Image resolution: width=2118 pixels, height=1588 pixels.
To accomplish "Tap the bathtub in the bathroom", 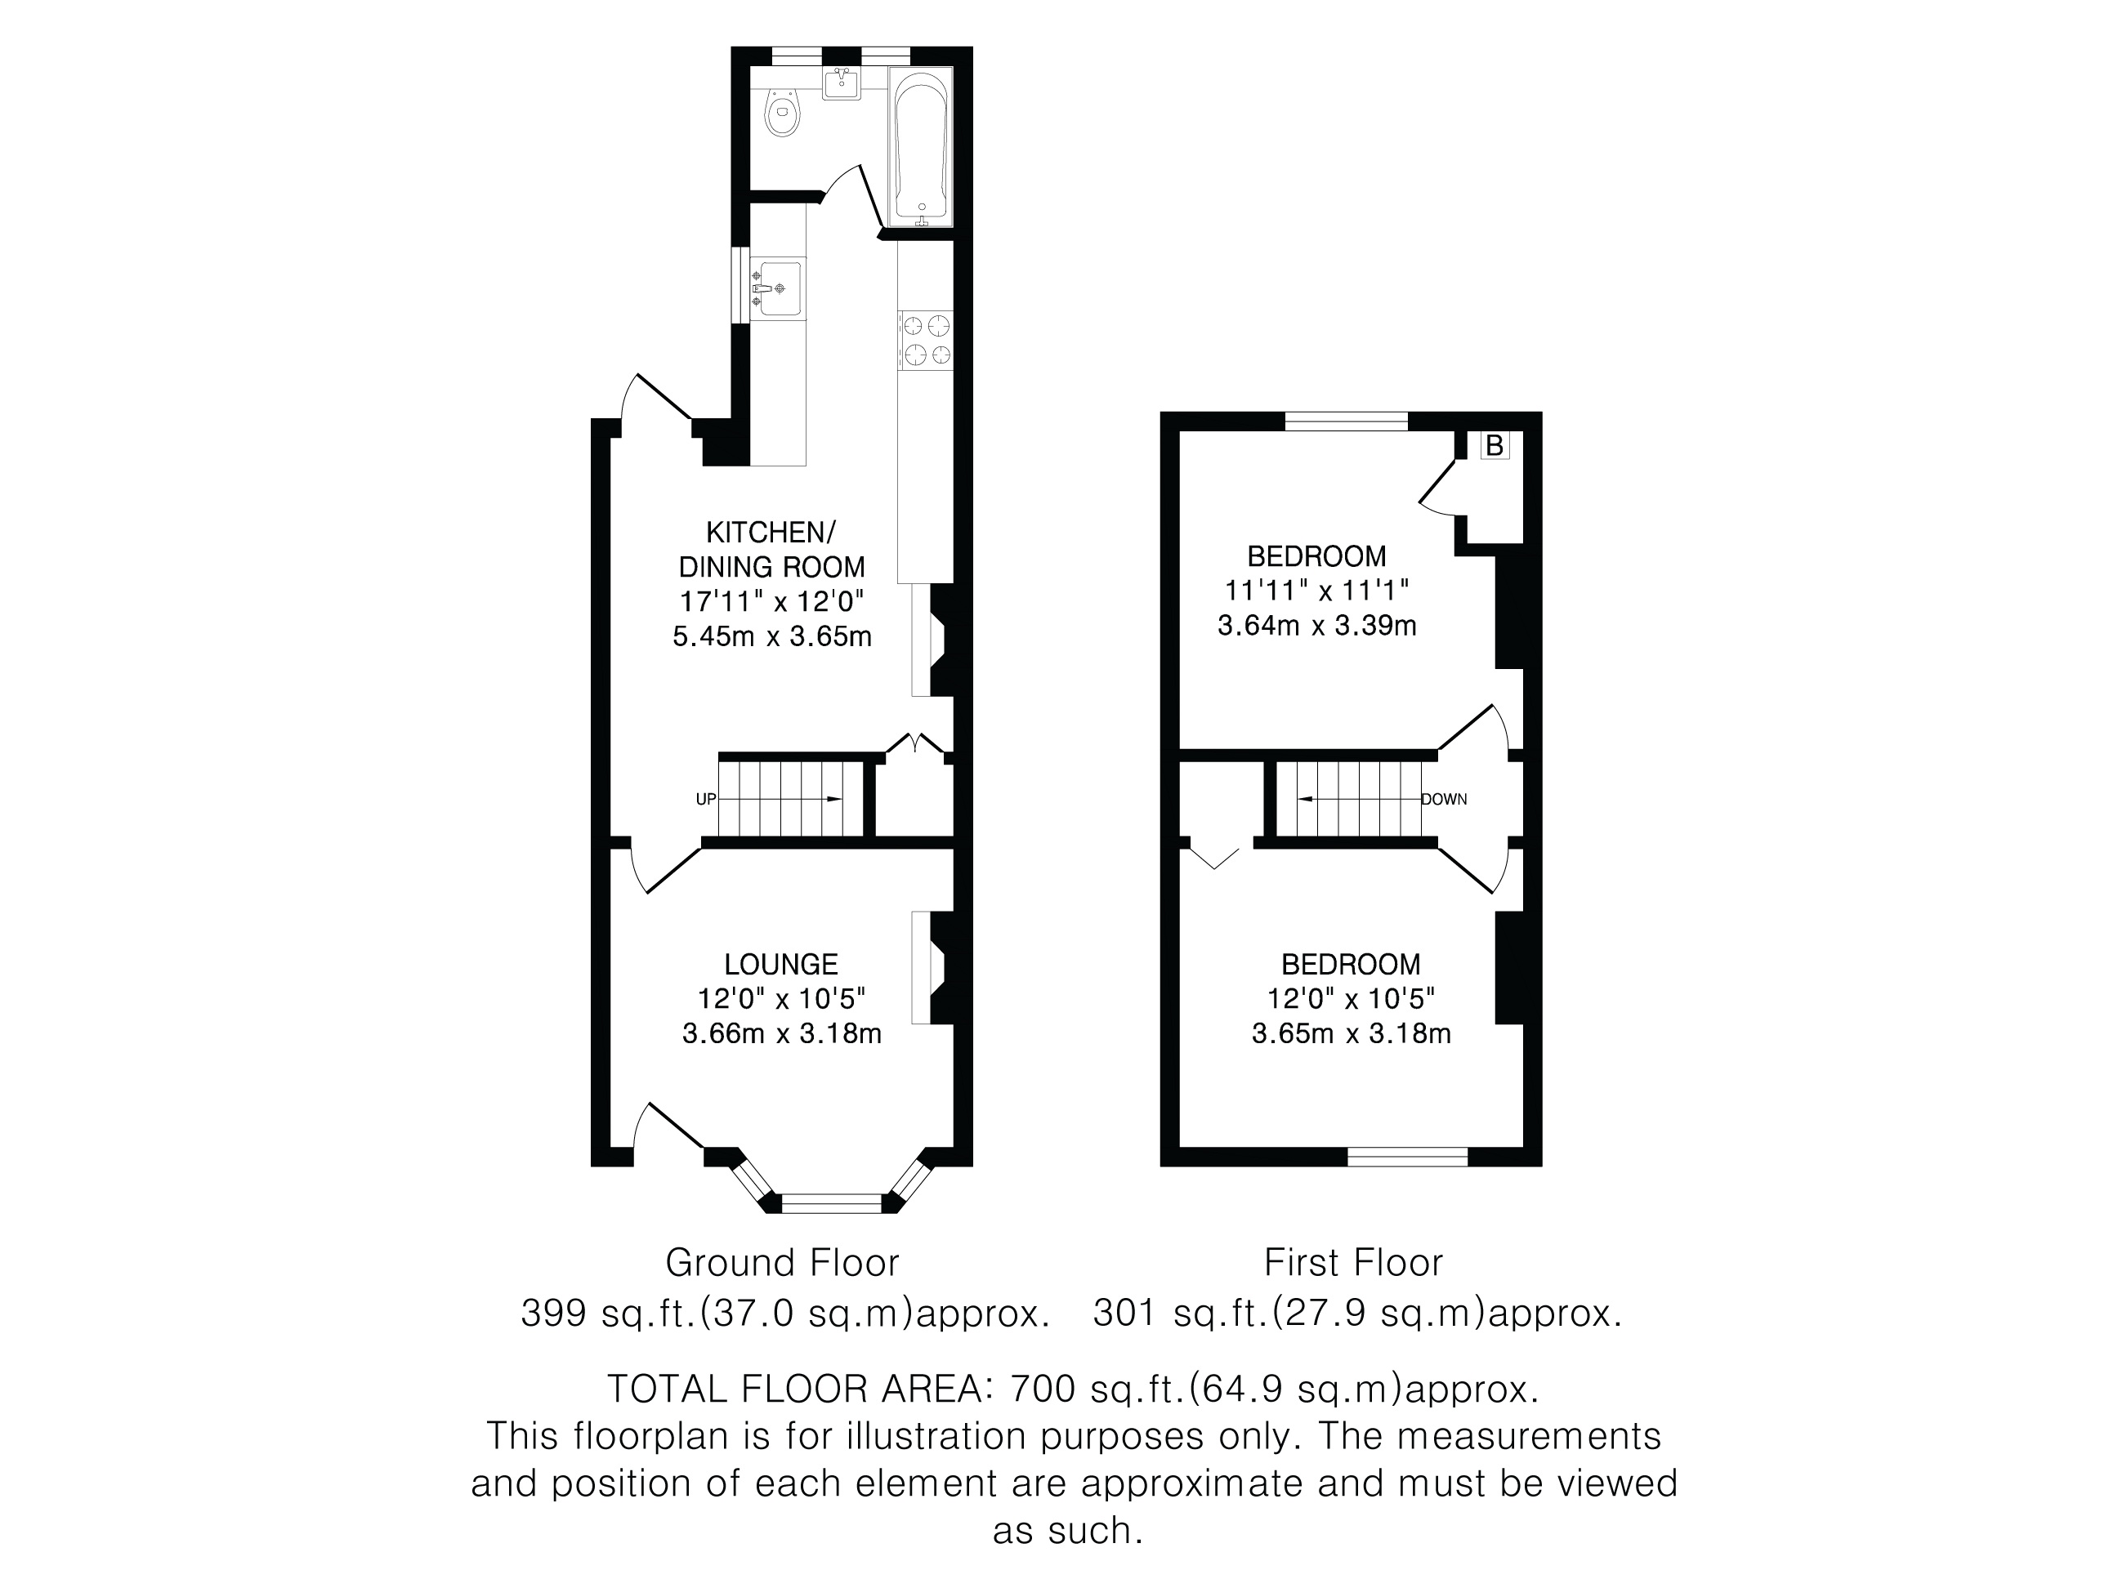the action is [920, 146].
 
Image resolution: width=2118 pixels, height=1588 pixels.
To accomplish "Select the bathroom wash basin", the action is [842, 83].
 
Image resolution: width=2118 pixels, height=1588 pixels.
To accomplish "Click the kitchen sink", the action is [777, 288].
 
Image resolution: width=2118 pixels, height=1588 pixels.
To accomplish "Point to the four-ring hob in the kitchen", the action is [926, 341].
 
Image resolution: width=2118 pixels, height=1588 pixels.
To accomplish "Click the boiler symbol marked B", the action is [1494, 445].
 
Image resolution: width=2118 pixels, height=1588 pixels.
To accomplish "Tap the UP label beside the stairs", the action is [706, 799].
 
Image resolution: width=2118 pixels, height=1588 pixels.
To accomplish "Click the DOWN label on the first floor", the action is [1444, 799].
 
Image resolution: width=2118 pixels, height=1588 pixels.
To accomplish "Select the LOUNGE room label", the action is [781, 964].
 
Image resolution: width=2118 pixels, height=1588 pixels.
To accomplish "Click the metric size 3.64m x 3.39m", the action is [1316, 626].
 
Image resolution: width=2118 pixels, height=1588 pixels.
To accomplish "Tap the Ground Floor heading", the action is [782, 1263].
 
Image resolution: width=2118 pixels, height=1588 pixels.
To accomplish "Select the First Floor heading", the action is [1353, 1263].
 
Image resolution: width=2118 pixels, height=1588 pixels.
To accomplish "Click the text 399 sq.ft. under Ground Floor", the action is [608, 1313].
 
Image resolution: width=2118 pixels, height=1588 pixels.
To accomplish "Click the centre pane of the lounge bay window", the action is [832, 1203].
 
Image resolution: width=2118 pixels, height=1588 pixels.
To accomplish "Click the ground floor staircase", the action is [792, 798].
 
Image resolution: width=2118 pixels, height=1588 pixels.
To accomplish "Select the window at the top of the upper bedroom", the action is [1347, 422].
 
